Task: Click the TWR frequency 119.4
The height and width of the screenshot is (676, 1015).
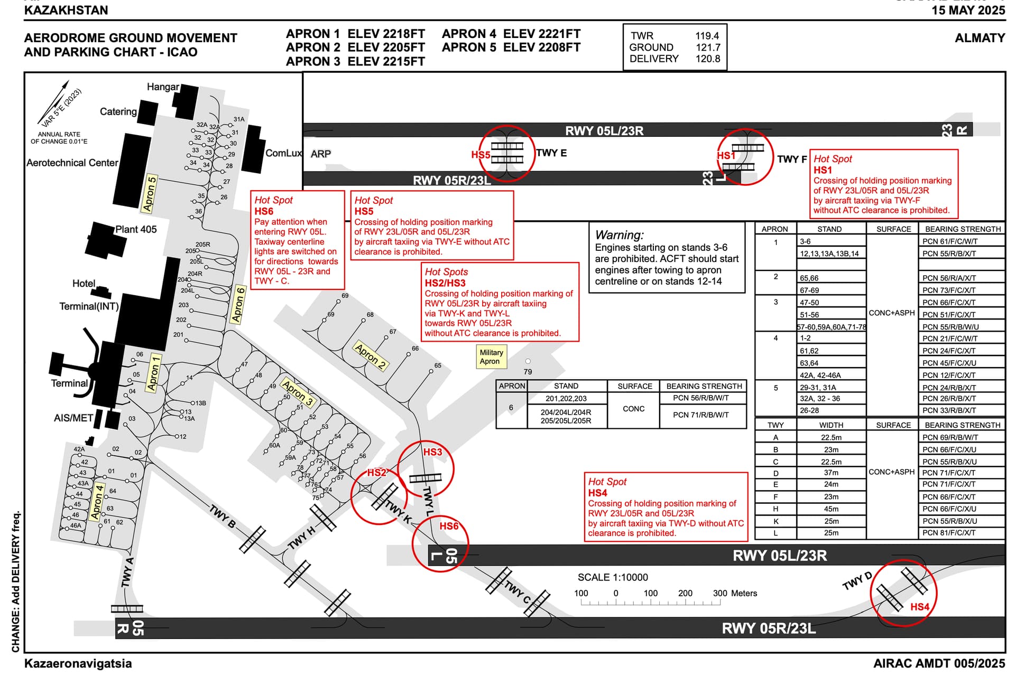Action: (x=707, y=36)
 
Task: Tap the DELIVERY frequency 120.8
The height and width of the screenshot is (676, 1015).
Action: (x=707, y=59)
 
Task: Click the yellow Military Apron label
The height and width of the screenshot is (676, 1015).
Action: (x=491, y=357)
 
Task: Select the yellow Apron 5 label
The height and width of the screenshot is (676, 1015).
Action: (x=150, y=194)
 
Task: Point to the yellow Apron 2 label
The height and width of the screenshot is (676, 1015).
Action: (x=371, y=356)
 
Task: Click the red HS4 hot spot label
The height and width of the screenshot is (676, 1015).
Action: (x=919, y=607)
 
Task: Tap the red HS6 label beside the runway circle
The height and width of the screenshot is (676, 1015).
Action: (x=449, y=526)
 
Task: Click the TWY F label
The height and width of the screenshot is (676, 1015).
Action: (x=792, y=159)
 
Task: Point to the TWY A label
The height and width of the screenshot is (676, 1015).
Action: (x=127, y=572)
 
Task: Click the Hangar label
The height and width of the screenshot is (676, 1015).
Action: (x=163, y=87)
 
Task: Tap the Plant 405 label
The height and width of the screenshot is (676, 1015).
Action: (x=136, y=229)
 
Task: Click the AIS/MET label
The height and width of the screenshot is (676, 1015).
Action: (x=73, y=418)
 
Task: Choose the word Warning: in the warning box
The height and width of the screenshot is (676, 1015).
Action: (x=619, y=235)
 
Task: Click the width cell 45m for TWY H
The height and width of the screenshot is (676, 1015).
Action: (x=831, y=509)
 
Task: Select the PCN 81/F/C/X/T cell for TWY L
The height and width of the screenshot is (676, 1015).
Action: (x=949, y=533)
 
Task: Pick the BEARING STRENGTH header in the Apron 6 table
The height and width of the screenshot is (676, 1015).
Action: (x=704, y=386)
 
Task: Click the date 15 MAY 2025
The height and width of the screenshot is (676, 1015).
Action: (x=968, y=10)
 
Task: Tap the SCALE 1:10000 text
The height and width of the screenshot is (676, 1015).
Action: (x=612, y=577)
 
